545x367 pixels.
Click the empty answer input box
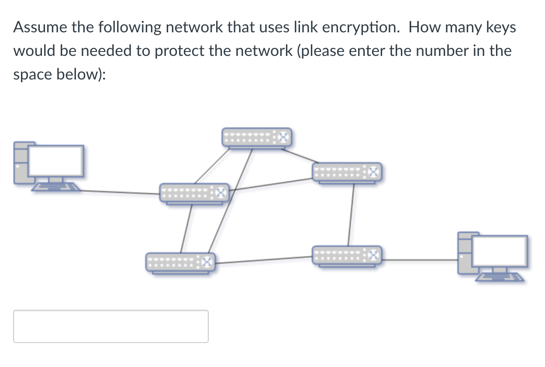110,326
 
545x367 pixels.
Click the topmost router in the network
256,138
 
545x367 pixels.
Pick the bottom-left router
180,262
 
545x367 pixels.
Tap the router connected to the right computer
347,255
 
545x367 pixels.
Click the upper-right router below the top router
347,172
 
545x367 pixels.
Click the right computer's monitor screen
500,251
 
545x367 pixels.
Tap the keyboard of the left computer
55,187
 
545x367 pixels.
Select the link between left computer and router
120,192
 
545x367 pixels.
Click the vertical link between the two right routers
350,214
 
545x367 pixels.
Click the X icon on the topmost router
283,138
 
